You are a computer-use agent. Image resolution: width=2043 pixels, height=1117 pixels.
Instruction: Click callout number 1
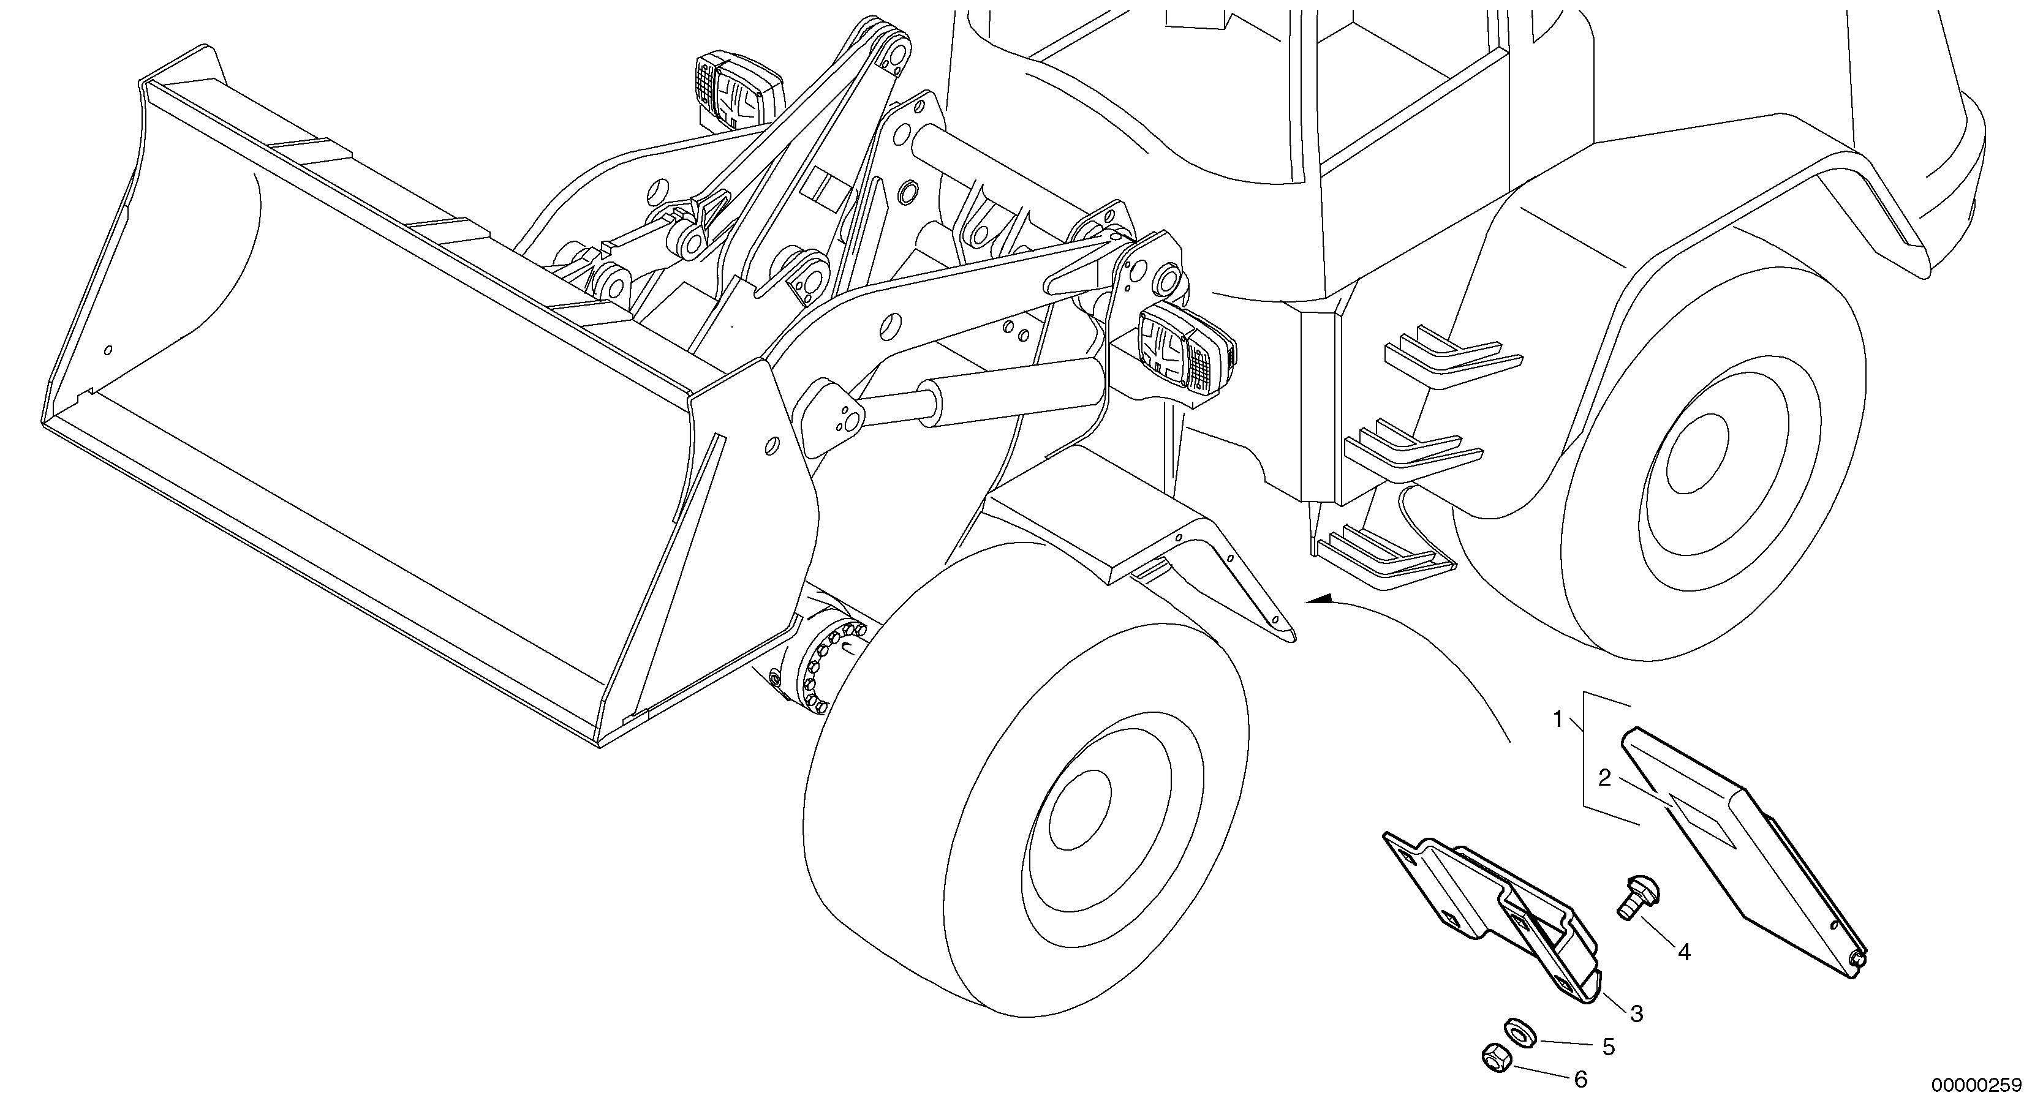(x=1557, y=719)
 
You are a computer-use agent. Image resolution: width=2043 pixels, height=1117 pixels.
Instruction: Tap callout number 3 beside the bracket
(x=1636, y=1012)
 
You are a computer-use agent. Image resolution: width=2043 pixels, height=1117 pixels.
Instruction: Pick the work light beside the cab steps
(x=1185, y=355)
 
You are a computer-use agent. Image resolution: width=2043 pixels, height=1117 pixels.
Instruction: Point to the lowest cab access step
(x=1384, y=555)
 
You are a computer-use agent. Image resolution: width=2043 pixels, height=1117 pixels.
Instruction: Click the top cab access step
(x=1451, y=357)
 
